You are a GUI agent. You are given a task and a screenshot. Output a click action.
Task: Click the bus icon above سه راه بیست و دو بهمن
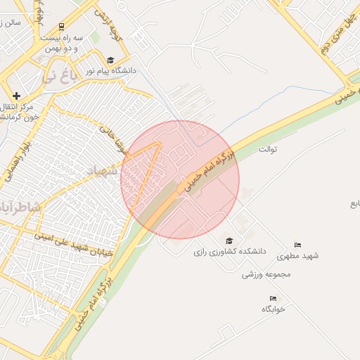[63, 25]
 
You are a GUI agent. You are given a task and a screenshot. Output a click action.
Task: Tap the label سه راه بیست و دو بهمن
[62, 43]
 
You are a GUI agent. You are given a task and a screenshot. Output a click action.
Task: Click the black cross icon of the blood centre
[17, 96]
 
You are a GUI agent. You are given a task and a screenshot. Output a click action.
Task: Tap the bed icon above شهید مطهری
[298, 245]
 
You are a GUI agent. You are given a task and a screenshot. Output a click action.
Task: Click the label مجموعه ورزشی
[266, 274]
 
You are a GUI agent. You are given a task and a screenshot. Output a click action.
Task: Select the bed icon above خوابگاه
[273, 299]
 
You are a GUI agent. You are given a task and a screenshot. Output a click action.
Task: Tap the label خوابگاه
[274, 309]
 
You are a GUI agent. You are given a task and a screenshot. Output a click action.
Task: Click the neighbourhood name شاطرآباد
[19, 209]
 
